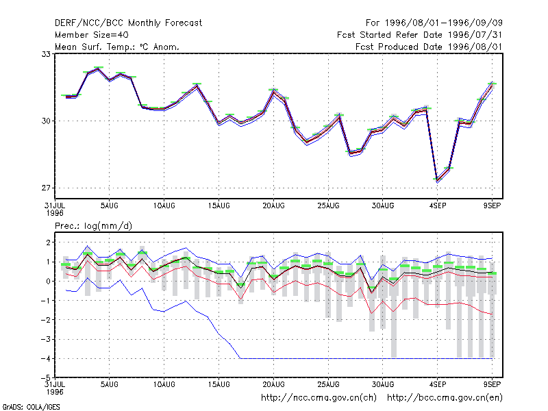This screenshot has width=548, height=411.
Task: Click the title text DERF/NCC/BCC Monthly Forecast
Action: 128,23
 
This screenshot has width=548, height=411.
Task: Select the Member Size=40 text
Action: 92,35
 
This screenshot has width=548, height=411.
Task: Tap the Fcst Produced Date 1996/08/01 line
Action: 429,47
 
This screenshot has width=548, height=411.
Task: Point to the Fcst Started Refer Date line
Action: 419,35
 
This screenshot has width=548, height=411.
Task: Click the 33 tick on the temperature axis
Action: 46,54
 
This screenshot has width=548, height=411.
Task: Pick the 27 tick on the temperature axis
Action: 46,188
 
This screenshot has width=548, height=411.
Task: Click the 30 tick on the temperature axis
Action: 46,121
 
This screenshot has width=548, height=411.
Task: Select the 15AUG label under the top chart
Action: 219,206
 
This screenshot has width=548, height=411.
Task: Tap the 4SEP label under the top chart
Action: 438,206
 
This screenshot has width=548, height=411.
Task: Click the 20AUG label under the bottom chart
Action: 273,384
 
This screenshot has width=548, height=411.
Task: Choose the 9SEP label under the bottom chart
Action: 492,384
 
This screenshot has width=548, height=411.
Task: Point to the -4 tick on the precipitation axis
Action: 46,358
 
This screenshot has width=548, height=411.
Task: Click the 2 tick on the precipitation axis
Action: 48,242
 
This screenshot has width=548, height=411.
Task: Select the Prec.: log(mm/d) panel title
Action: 93,226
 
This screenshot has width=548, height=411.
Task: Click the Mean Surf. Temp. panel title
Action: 116,47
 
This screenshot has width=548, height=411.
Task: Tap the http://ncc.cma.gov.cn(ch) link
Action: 319,398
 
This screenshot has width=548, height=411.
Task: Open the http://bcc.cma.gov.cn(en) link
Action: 445,398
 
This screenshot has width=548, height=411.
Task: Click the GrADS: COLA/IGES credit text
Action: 31,407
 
